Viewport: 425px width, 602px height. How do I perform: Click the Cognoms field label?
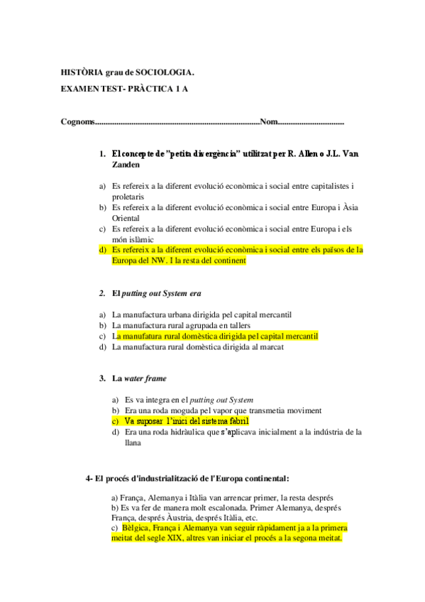[x=77, y=122]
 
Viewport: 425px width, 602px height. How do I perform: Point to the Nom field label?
[x=269, y=122]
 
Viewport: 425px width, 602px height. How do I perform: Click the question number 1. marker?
[x=103, y=153]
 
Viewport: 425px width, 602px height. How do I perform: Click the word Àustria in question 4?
[x=181, y=518]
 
